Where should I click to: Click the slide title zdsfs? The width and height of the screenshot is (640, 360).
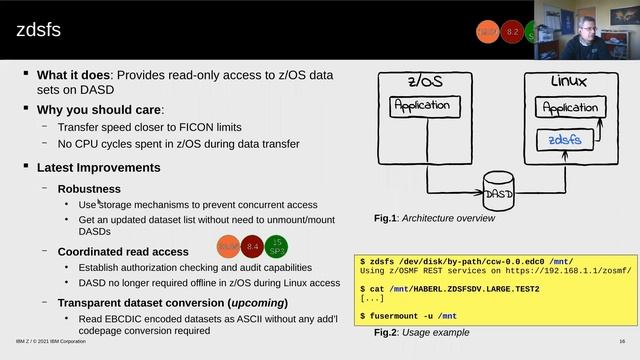pos(38,31)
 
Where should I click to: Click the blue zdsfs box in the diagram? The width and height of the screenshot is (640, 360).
pos(566,141)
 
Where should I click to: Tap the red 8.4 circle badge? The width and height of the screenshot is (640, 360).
pos(252,245)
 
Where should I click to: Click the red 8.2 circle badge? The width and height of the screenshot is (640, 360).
pos(512,32)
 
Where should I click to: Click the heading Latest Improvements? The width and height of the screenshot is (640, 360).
pos(99,167)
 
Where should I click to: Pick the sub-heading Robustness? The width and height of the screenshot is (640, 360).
pos(89,188)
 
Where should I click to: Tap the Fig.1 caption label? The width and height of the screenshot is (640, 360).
pos(386,218)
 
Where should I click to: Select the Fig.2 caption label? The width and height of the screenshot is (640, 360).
pos(386,332)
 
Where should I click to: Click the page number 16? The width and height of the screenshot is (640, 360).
pos(622,341)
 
